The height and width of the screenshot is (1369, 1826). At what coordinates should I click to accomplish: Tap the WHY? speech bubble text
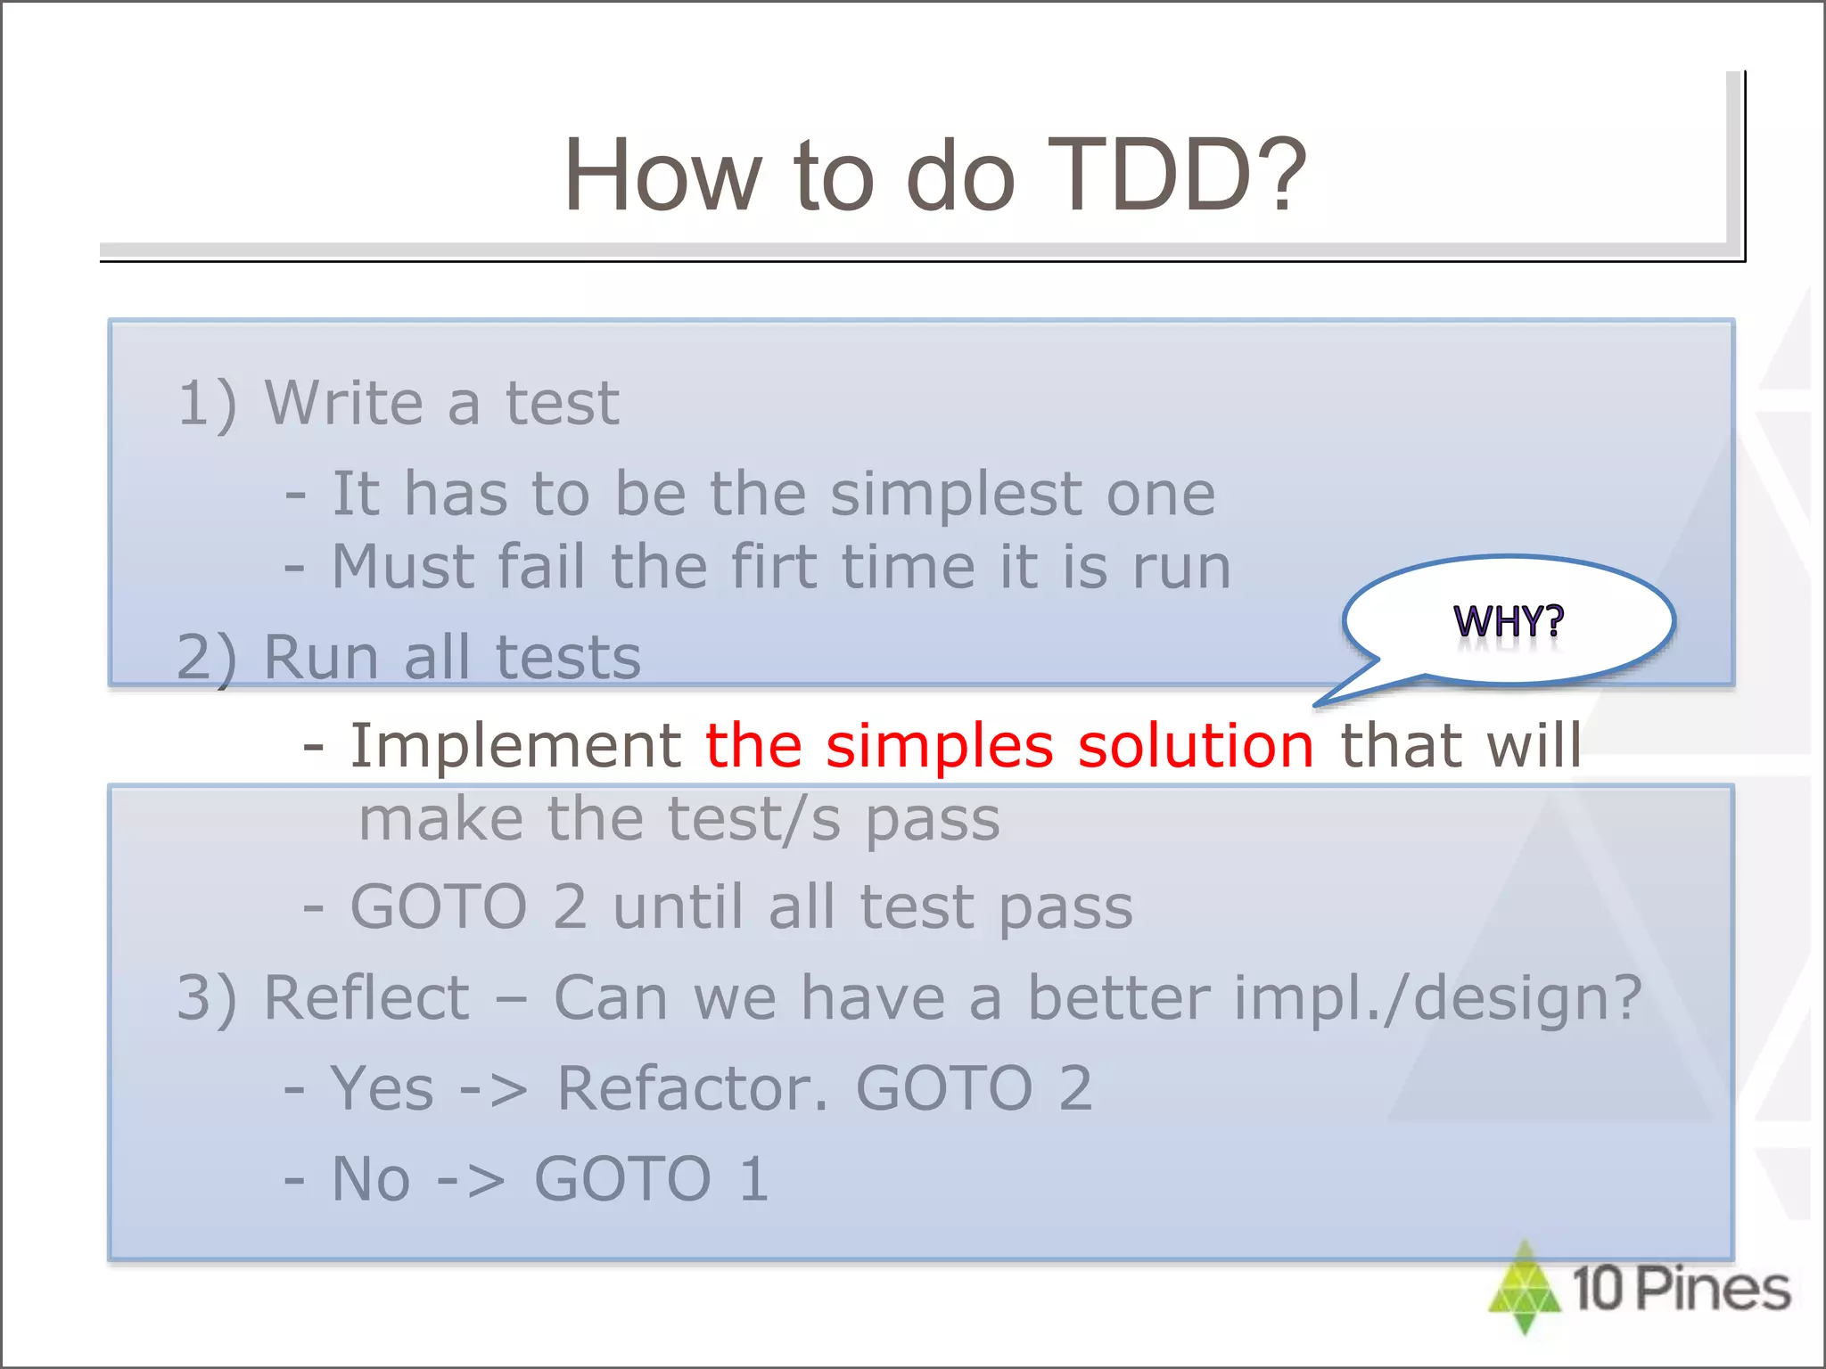tap(1508, 620)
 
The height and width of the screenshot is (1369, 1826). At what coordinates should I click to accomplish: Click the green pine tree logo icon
tap(1525, 1288)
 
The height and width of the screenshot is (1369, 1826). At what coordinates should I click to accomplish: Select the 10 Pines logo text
tap(1681, 1289)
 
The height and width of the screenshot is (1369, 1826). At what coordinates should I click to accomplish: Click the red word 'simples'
tap(939, 745)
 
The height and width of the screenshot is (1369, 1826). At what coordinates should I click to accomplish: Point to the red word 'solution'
tap(1195, 745)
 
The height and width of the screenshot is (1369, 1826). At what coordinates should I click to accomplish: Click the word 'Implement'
tap(515, 745)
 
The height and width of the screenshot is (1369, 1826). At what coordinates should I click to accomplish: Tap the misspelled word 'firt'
tap(773, 567)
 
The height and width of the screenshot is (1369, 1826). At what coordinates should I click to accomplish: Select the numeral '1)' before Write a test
tap(207, 403)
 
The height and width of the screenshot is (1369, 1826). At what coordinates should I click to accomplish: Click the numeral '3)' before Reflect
tap(207, 997)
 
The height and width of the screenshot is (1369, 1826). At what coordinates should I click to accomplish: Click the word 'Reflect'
tap(366, 997)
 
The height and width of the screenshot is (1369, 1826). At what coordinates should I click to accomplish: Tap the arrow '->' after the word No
tap(471, 1179)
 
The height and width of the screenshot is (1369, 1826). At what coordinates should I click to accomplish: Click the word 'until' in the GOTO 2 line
tap(678, 907)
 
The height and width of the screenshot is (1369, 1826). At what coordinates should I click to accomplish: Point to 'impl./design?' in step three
tap(1436, 997)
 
